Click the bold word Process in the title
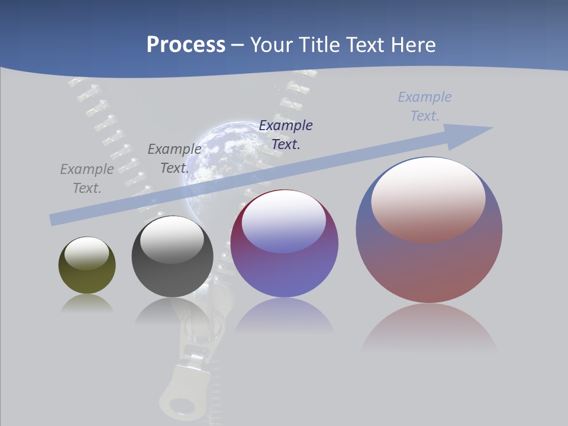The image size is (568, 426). tap(186, 45)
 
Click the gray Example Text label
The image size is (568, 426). tap(87, 178)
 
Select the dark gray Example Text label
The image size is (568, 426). tap(174, 158)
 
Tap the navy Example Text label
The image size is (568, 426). tap(286, 134)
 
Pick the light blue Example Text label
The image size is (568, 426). tap(425, 106)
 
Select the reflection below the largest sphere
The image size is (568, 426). tap(429, 328)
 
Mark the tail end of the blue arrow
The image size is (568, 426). tap(54, 220)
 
